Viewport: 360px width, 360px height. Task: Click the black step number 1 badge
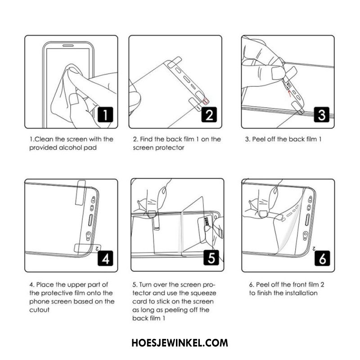(x=105, y=115)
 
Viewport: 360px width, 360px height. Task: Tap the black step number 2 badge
(x=209, y=115)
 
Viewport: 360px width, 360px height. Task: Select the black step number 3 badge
(x=322, y=115)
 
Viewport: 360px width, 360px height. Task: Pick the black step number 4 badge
(x=105, y=258)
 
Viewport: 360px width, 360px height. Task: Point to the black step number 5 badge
(x=211, y=257)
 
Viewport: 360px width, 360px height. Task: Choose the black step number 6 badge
(x=322, y=258)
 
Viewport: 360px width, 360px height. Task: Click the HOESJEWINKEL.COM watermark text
(x=180, y=343)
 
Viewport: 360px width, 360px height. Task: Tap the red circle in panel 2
(x=206, y=100)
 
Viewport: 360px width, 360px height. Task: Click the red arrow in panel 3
(x=289, y=93)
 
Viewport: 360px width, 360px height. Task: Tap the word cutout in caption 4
(x=39, y=310)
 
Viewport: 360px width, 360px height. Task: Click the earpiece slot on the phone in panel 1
(x=68, y=46)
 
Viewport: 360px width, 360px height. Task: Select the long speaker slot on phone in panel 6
(x=307, y=220)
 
